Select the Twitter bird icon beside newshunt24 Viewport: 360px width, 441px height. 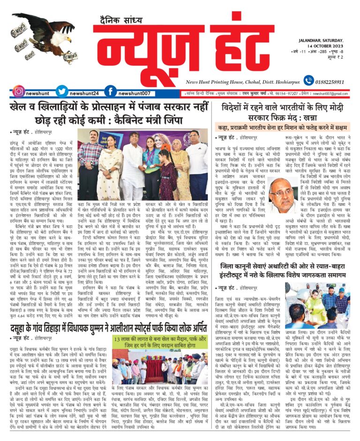[62, 91]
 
